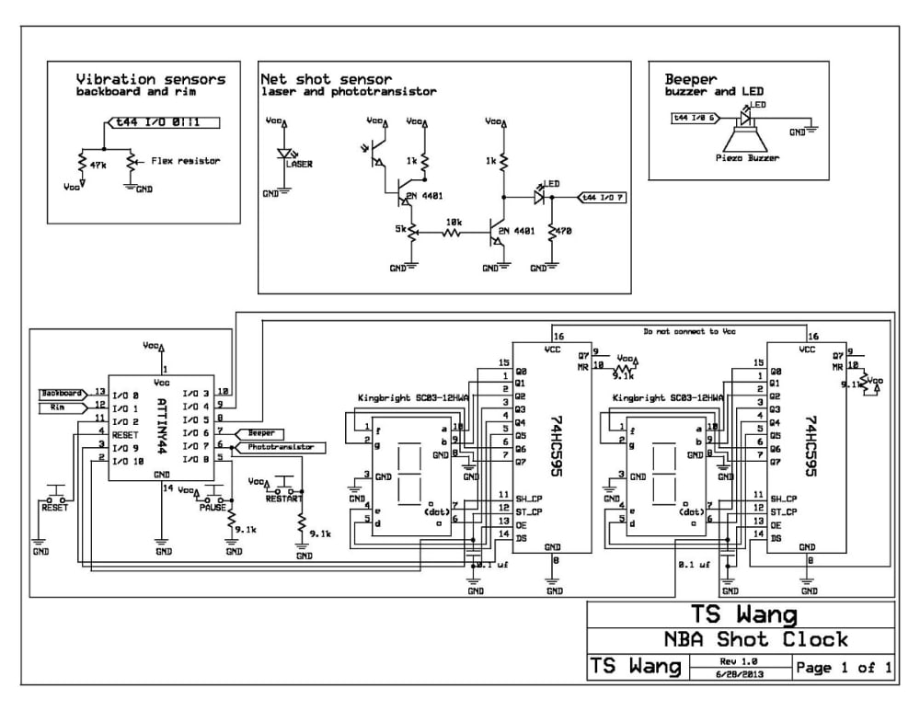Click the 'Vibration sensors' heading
[150, 79]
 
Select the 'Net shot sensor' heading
[326, 79]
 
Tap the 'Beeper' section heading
[691, 79]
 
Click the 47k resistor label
[98, 165]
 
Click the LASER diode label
[299, 165]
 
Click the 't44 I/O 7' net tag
[602, 197]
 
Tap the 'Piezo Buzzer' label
[748, 158]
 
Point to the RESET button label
[54, 505]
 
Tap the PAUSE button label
[213, 507]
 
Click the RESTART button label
[282, 499]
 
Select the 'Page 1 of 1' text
[844, 668]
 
